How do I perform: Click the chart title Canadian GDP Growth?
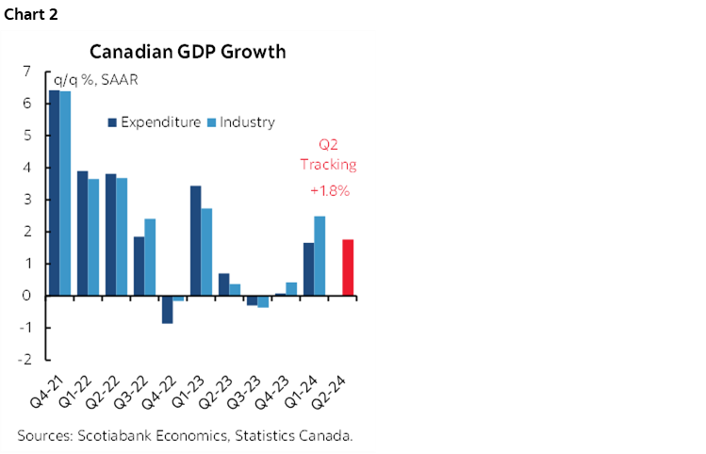pyautogui.click(x=188, y=51)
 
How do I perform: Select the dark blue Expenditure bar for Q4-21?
pyautogui.click(x=54, y=193)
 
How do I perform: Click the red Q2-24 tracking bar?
pyautogui.click(x=347, y=268)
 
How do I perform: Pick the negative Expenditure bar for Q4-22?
pyautogui.click(x=167, y=309)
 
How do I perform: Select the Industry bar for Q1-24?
pyautogui.click(x=320, y=256)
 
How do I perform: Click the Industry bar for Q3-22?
pyautogui.click(x=150, y=256)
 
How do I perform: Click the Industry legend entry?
pyautogui.click(x=241, y=122)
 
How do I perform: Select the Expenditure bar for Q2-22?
pyautogui.click(x=110, y=235)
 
